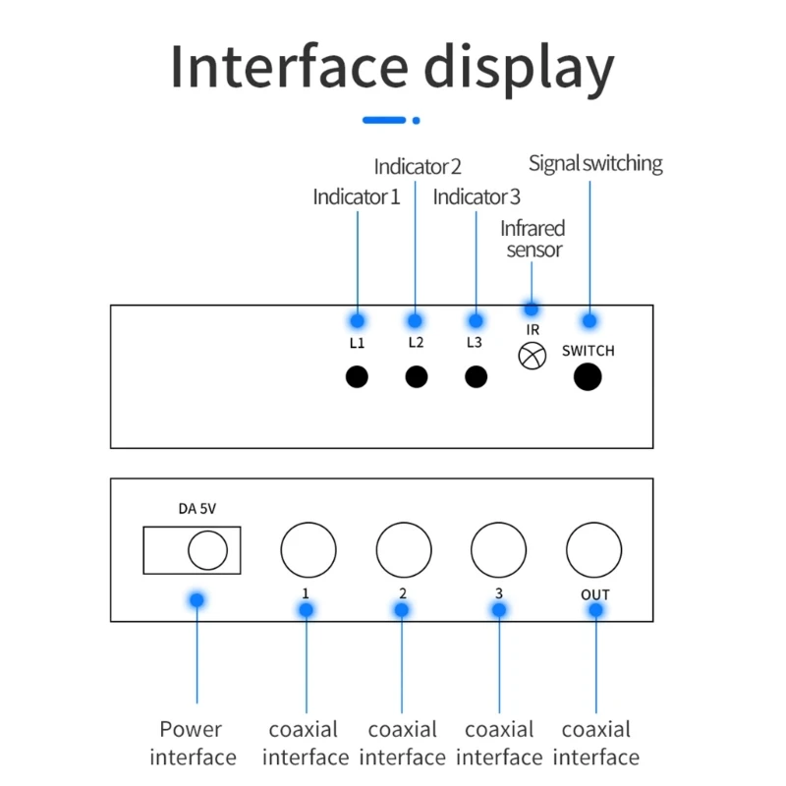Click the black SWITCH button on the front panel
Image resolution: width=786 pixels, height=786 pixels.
pyautogui.click(x=588, y=376)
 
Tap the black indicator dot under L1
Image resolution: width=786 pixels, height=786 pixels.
pyautogui.click(x=357, y=376)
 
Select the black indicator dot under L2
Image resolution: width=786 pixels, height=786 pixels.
pyautogui.click(x=416, y=376)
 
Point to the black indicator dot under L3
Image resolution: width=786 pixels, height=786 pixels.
pyautogui.click(x=476, y=376)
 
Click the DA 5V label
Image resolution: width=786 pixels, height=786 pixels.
pyautogui.click(x=197, y=509)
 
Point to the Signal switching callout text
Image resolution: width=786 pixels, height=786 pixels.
pyautogui.click(x=595, y=164)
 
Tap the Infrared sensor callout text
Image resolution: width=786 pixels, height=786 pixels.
pyautogui.click(x=533, y=239)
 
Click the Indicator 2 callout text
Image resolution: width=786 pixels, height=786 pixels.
pyautogui.click(x=418, y=166)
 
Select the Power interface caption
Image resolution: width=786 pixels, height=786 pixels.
pyautogui.click(x=193, y=743)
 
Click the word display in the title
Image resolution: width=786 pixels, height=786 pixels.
pyautogui.click(x=520, y=68)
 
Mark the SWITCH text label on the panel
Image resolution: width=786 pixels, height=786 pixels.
pyautogui.click(x=588, y=351)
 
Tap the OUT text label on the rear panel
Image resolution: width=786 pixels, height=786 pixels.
pyautogui.click(x=595, y=594)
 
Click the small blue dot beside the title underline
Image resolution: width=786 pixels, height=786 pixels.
pyautogui.click(x=416, y=120)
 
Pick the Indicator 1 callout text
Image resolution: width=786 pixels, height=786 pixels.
pyautogui.click(x=357, y=196)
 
